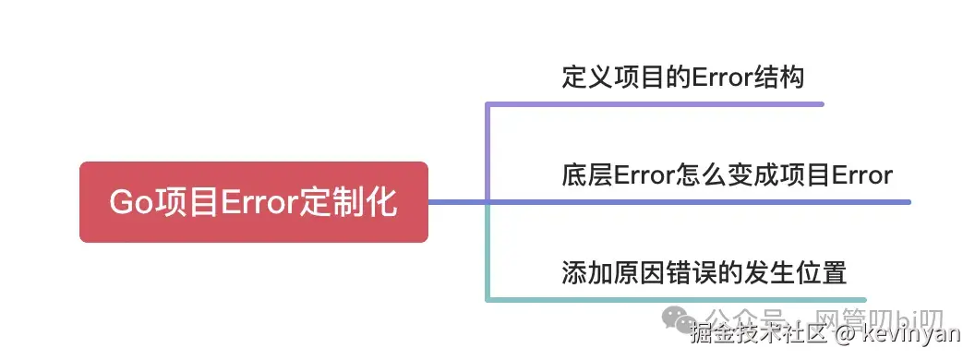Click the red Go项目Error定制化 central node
point(254,202)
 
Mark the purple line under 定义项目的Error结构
point(656,104)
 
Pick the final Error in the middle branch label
point(862,175)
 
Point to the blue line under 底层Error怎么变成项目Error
point(698,202)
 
